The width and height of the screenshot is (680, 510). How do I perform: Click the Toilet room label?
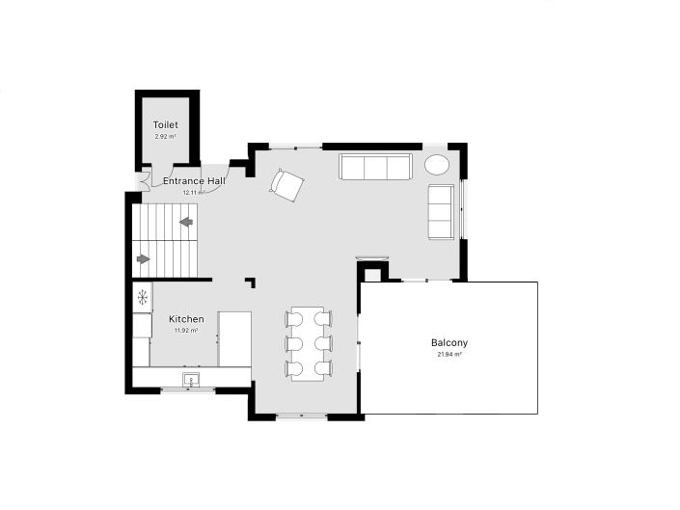coord(165,125)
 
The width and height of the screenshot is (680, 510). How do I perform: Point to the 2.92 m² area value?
coord(165,137)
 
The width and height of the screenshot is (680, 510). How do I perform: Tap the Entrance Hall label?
coord(194,181)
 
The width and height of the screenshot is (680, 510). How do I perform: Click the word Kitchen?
coord(186,319)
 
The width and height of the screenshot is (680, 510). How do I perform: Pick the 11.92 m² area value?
coord(186,331)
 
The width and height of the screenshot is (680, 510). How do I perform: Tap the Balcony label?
coord(449,343)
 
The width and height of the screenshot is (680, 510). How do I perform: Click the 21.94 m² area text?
coord(449,355)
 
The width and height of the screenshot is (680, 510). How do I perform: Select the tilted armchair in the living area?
coord(286,184)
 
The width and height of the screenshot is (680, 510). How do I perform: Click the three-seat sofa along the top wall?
coord(375,167)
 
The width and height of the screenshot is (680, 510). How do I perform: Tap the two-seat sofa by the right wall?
coord(441,211)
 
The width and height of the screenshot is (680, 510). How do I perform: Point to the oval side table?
coord(438,164)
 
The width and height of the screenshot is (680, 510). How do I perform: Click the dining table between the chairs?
coord(309,342)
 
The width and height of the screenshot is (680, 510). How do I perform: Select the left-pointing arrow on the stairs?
coord(186,223)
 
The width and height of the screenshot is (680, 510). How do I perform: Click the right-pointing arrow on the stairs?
coord(145,258)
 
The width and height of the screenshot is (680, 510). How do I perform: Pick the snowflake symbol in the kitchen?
coord(142,297)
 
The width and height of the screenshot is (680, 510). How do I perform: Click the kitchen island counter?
coord(234,337)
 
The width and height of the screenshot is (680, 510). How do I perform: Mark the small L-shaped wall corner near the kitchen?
coord(252,282)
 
